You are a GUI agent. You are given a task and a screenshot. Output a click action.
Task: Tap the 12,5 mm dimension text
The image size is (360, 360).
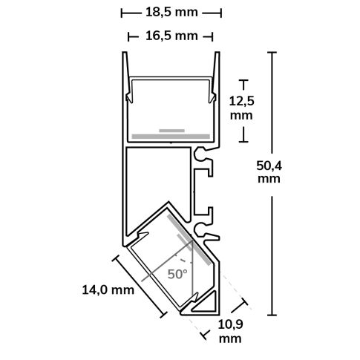[241, 108]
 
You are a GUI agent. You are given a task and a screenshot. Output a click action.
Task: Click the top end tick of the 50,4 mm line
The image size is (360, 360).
[272, 53]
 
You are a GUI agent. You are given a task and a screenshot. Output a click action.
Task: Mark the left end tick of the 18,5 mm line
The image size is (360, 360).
[120, 13]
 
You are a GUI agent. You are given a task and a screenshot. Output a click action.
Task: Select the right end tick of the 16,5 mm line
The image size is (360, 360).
[214, 36]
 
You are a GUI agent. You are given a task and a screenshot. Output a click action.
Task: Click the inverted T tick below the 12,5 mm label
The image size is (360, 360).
[241, 138]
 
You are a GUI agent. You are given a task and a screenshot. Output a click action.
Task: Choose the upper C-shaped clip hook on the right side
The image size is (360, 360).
[203, 155]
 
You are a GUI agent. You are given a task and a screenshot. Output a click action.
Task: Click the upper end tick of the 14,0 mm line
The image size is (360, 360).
[115, 258]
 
